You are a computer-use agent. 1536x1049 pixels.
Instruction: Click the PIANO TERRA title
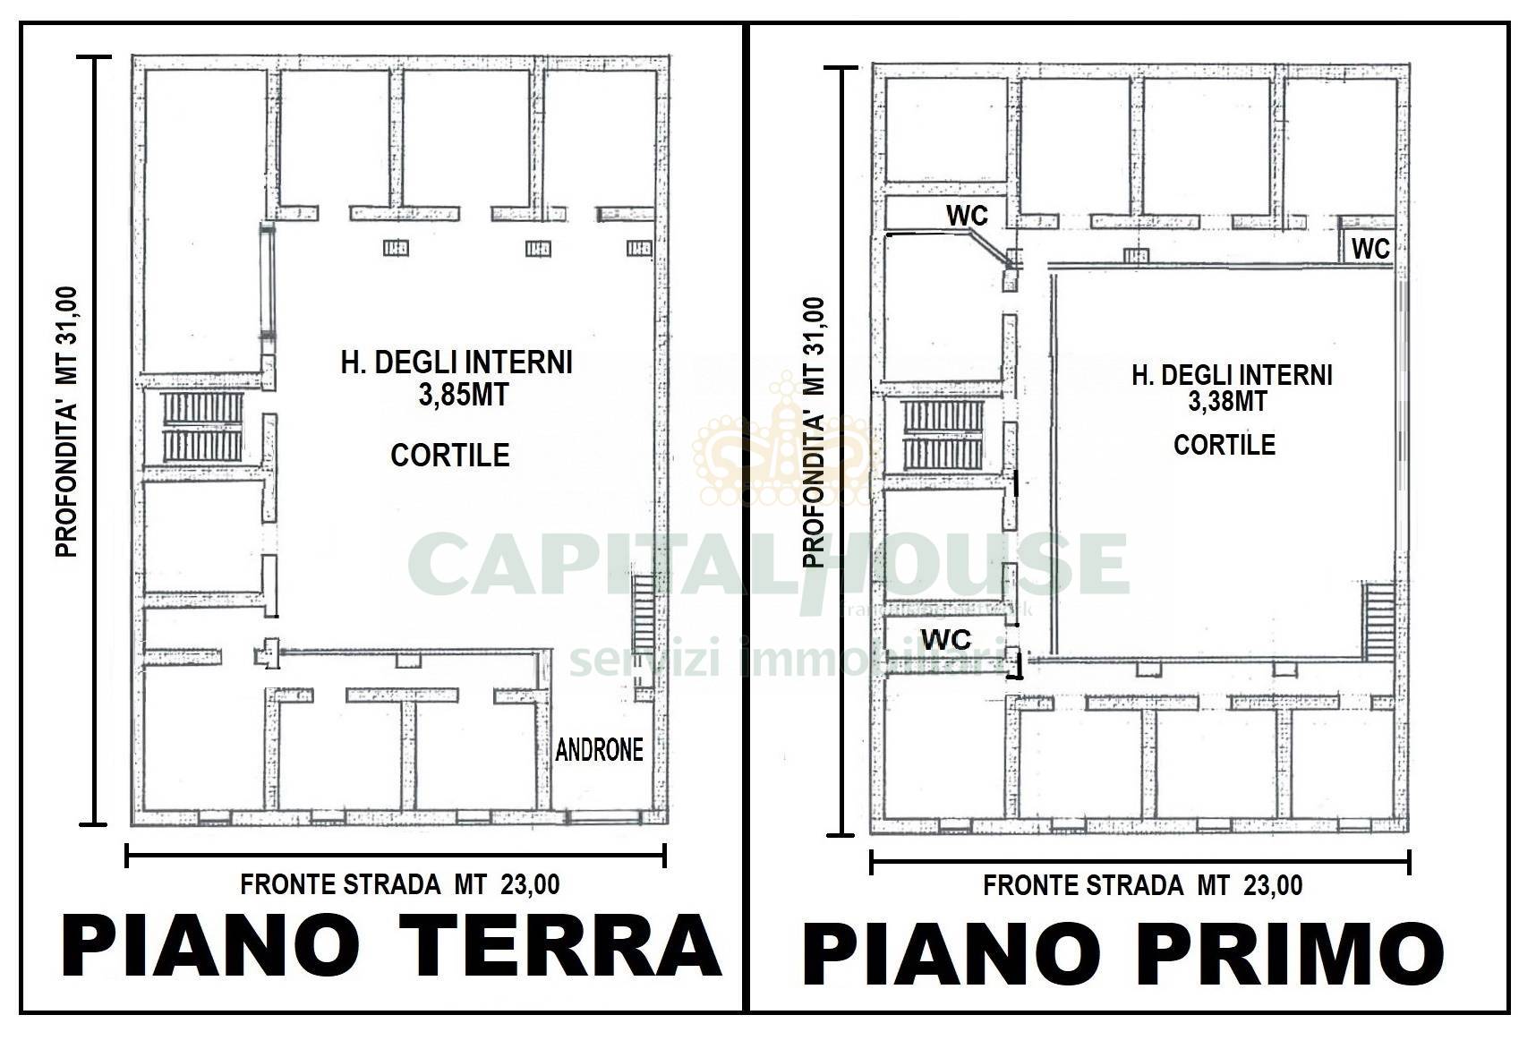pyautogui.click(x=390, y=945)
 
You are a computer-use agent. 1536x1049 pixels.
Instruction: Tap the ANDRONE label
pyautogui.click(x=599, y=750)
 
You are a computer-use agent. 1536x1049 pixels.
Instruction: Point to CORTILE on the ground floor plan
pyautogui.click(x=450, y=456)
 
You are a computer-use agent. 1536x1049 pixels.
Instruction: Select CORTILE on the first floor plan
pyautogui.click(x=1224, y=445)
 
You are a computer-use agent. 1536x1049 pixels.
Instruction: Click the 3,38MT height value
pyautogui.click(x=1227, y=402)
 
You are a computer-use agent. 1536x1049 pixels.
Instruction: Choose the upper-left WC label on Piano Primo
pyautogui.click(x=968, y=216)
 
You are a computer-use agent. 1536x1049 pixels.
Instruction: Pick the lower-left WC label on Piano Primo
pyautogui.click(x=946, y=640)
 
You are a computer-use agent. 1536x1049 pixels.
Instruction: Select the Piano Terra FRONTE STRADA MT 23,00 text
pyautogui.click(x=400, y=885)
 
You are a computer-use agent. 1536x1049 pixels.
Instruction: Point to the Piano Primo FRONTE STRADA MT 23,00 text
pyautogui.click(x=1143, y=886)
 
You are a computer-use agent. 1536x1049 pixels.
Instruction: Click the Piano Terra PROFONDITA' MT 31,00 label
pyautogui.click(x=68, y=421)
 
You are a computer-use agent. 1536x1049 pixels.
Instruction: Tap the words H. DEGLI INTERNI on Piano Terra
pyautogui.click(x=457, y=362)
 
